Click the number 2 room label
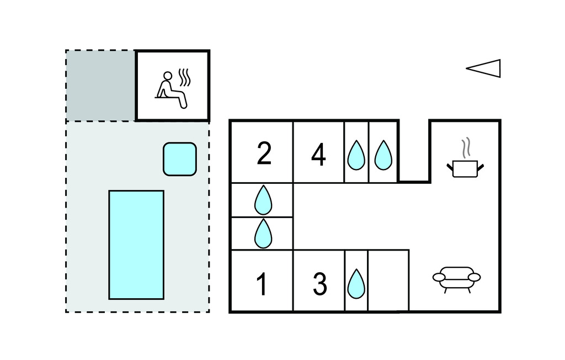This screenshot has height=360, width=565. click(x=264, y=154)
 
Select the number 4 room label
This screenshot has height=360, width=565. click(x=318, y=155)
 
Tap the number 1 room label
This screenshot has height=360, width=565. click(x=262, y=284)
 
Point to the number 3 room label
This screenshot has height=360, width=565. click(x=319, y=284)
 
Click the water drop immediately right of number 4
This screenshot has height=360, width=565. click(x=356, y=155)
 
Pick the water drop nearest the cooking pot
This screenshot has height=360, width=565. click(x=383, y=155)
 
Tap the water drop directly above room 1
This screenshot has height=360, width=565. click(x=263, y=234)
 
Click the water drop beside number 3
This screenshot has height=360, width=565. click(x=356, y=284)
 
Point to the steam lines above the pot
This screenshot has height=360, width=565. click(x=467, y=147)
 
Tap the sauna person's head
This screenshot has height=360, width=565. click(x=168, y=76)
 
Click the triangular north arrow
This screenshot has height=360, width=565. click(x=484, y=68)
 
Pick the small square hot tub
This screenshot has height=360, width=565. click(x=180, y=159)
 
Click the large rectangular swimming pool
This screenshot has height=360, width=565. click(x=136, y=245)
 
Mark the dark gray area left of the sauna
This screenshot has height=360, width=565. click(x=100, y=86)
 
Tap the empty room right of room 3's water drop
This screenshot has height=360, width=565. click(x=388, y=280)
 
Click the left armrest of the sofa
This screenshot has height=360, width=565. click(x=439, y=277)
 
